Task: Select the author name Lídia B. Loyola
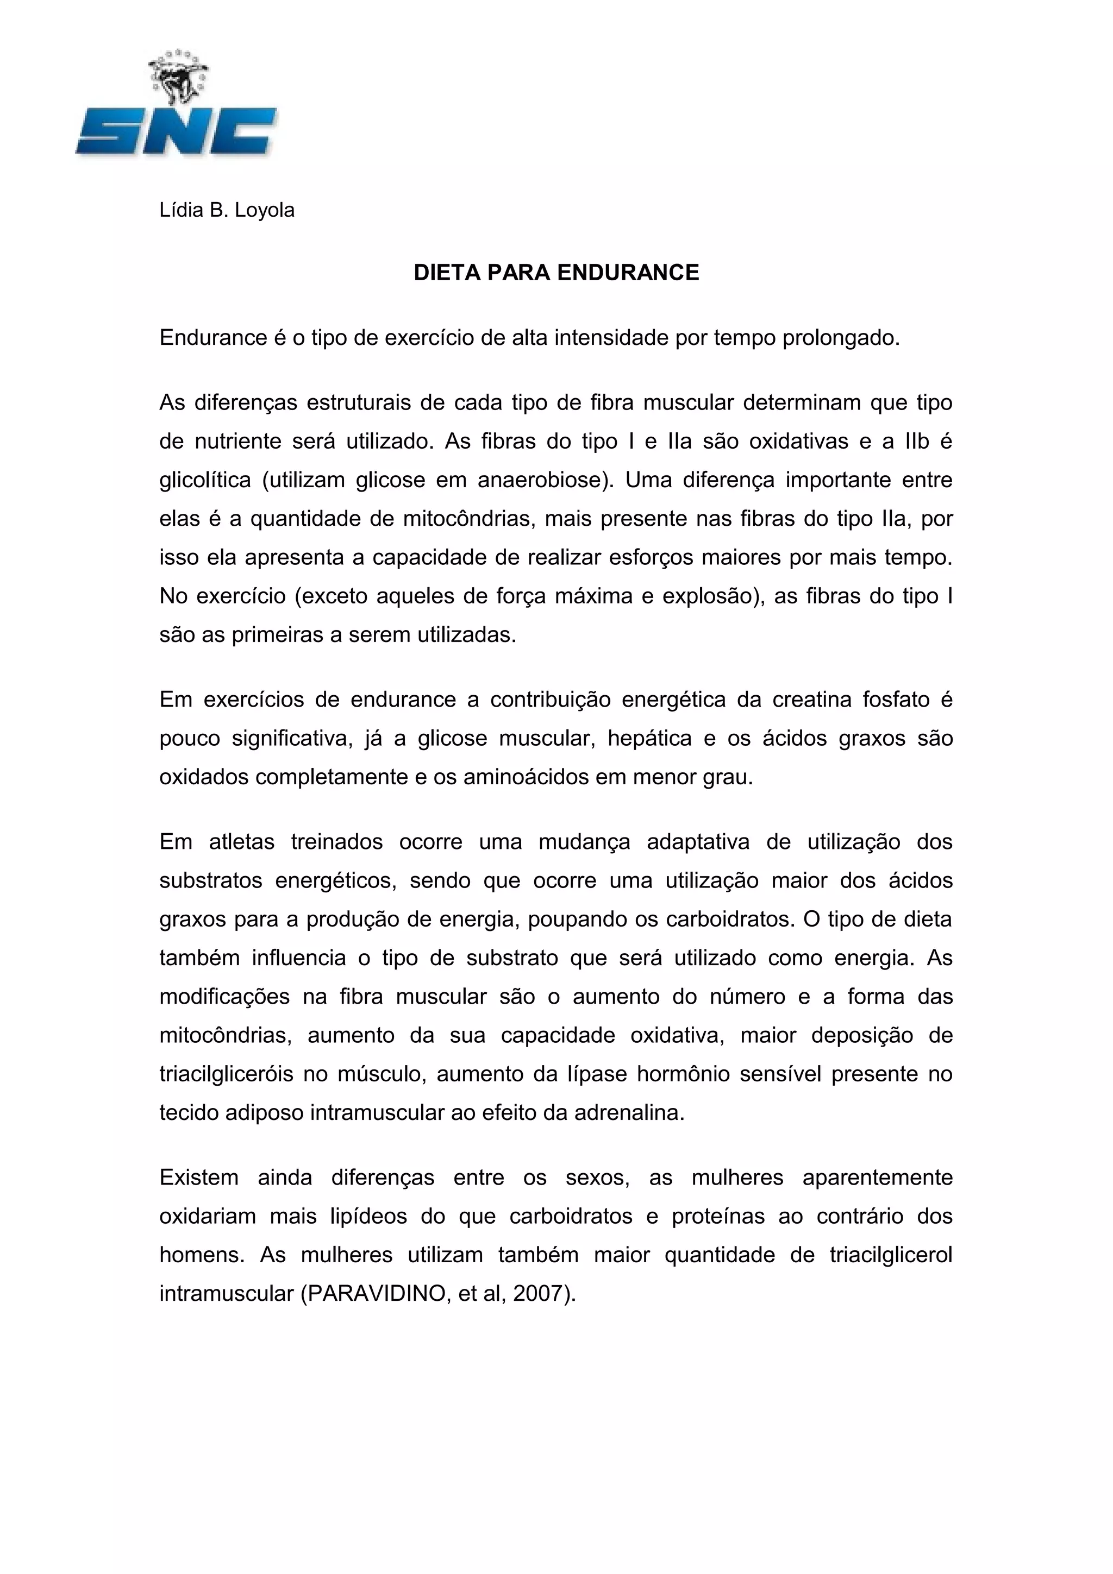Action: pos(227,210)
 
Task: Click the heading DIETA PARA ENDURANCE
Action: pos(556,273)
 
